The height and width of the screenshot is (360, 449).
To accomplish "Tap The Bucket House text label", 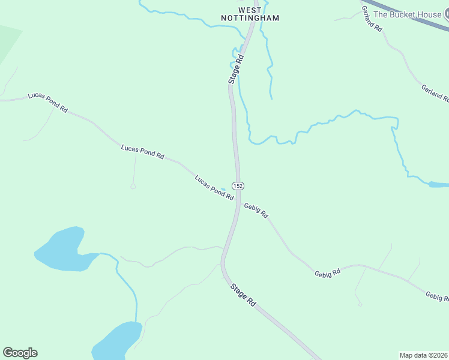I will point(407,14).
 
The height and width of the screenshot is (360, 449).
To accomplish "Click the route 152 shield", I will point(238,186).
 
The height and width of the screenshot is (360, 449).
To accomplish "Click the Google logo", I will point(20,353).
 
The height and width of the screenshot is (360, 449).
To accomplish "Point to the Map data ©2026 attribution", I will point(423,355).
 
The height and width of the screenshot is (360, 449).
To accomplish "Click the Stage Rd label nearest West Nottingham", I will point(235,69).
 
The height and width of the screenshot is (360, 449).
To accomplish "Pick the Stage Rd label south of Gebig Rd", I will point(243,295).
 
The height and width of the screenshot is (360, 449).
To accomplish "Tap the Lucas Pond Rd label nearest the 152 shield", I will point(214,188).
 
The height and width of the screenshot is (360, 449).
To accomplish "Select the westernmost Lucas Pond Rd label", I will point(48,103).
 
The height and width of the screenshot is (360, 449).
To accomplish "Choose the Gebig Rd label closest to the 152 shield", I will point(256,210).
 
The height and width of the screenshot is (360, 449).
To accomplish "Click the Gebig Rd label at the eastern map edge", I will point(436,296).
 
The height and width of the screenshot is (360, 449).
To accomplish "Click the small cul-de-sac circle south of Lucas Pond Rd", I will point(133,187).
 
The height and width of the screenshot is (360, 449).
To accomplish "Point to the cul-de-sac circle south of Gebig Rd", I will point(360,305).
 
